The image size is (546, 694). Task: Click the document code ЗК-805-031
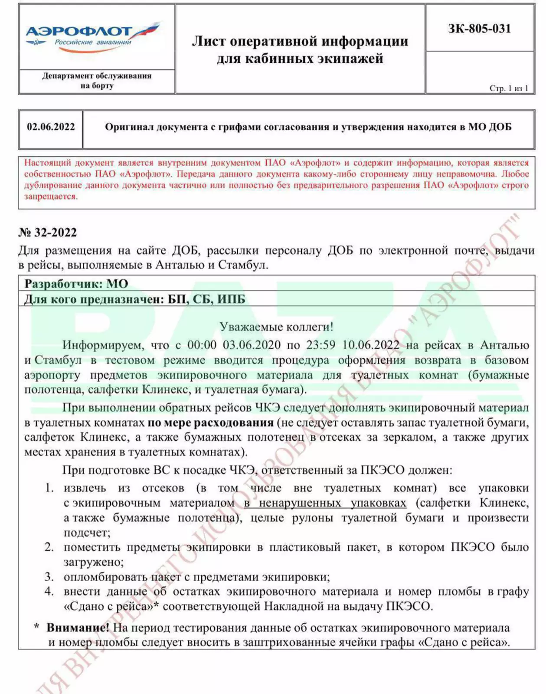[479, 29]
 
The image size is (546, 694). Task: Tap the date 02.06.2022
[51, 127]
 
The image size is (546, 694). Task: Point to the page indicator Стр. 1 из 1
[509, 88]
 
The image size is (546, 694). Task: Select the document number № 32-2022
[48, 232]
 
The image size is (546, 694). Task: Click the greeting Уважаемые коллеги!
[276, 327]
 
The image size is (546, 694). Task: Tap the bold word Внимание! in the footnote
[78, 628]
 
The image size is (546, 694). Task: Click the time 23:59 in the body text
[320, 345]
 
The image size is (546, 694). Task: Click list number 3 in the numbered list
[49, 577]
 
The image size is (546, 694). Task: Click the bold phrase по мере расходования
[210, 422]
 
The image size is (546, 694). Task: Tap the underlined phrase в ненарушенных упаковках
[325, 503]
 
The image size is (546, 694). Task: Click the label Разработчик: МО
[76, 284]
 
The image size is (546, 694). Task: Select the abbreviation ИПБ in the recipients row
[231, 299]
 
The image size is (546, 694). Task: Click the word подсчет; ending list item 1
[87, 532]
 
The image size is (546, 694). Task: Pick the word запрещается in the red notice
[51, 196]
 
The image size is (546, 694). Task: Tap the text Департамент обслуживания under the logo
[97, 76]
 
